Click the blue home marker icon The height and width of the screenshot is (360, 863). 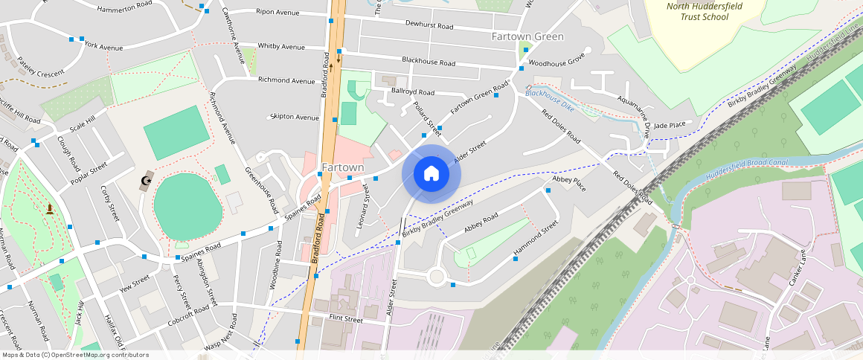431,174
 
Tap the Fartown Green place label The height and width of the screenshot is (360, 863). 527,36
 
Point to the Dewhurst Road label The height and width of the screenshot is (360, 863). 429,25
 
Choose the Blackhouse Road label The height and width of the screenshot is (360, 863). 429,62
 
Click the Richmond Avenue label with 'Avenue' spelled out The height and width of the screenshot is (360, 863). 286,80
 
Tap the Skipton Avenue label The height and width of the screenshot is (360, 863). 295,117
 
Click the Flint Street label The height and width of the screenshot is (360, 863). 345,320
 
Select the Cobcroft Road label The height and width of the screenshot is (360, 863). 189,315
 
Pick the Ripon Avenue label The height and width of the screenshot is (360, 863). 277,12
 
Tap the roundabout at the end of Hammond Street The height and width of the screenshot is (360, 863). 436,277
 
